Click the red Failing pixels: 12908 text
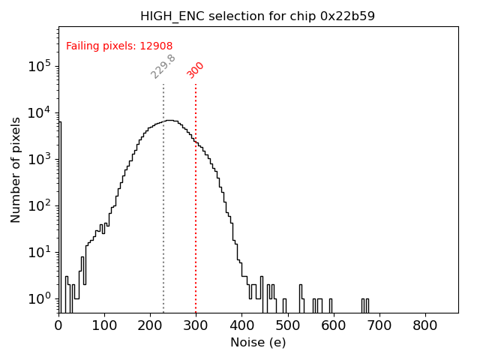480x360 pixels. tap(119, 46)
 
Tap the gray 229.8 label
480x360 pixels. tap(163, 66)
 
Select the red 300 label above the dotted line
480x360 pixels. tap(196, 70)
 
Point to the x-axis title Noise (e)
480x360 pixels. tap(258, 343)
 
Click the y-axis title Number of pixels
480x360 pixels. tap(16, 169)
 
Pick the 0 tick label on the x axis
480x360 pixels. tap(58, 325)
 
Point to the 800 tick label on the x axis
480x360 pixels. tap(425, 325)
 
